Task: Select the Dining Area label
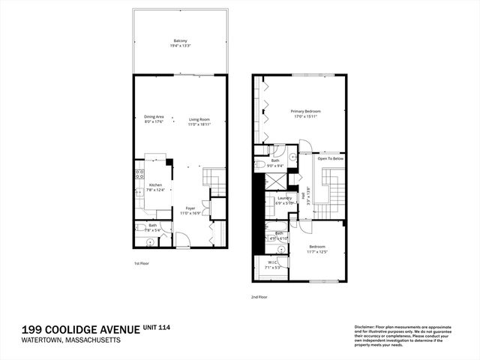coord(154,116)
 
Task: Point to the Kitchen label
coord(155,185)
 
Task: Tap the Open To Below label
coord(331,159)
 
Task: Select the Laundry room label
coord(283,198)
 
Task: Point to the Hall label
coord(304,197)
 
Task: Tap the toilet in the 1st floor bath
coord(150,241)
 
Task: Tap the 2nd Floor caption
coord(259,296)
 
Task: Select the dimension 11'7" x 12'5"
coord(318,250)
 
